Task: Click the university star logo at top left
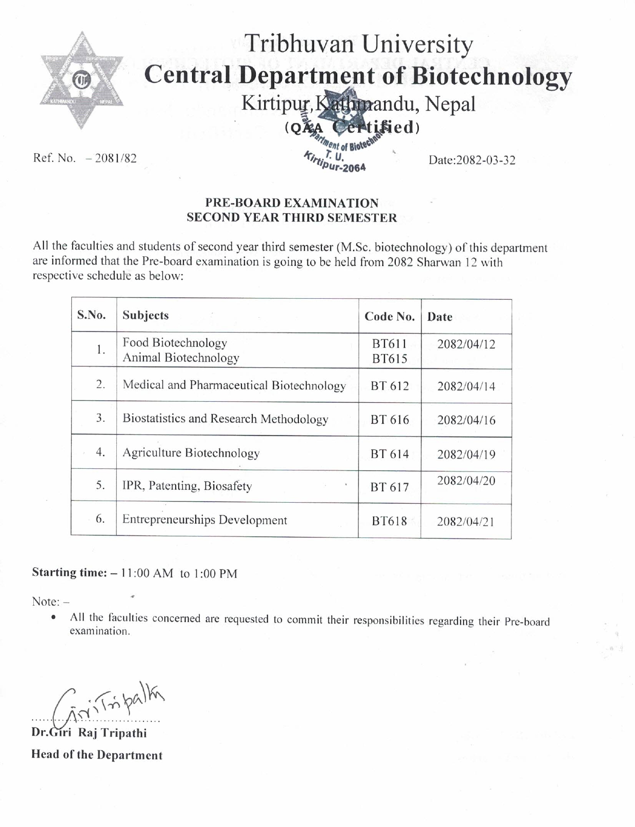pyautogui.click(x=81, y=81)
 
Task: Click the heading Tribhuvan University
pyautogui.click(x=358, y=45)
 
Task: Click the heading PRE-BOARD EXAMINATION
pyautogui.click(x=292, y=203)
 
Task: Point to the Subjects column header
pyautogui.click(x=146, y=315)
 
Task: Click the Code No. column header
pyautogui.click(x=390, y=317)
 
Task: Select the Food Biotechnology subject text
pyautogui.click(x=174, y=343)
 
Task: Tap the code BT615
pyautogui.click(x=390, y=359)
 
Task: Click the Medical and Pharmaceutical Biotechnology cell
pyautogui.click(x=234, y=385)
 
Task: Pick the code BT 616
pyautogui.click(x=390, y=420)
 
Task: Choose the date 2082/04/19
pyautogui.click(x=466, y=454)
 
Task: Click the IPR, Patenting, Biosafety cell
pyautogui.click(x=187, y=486)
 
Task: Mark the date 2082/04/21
pyautogui.click(x=465, y=522)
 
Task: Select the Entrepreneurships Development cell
pyautogui.click(x=204, y=520)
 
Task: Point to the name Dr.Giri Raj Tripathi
pyautogui.click(x=89, y=733)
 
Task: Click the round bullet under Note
pyautogui.click(x=53, y=617)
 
